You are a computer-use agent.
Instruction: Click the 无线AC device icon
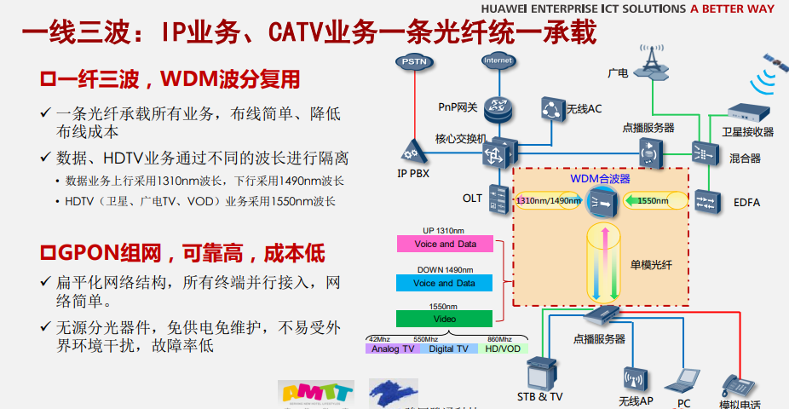coord(554,108)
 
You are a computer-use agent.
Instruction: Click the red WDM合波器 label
coord(600,179)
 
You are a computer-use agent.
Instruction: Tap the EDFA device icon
coord(706,201)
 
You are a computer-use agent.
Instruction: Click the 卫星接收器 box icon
coord(747,112)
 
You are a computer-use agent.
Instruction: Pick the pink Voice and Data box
coord(444,244)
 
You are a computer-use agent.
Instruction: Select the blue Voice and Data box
coord(444,283)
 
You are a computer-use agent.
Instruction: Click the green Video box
coord(444,319)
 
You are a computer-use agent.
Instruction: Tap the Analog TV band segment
coord(392,349)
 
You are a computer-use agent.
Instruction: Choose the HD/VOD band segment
coord(502,349)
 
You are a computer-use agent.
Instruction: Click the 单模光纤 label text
coord(652,265)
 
